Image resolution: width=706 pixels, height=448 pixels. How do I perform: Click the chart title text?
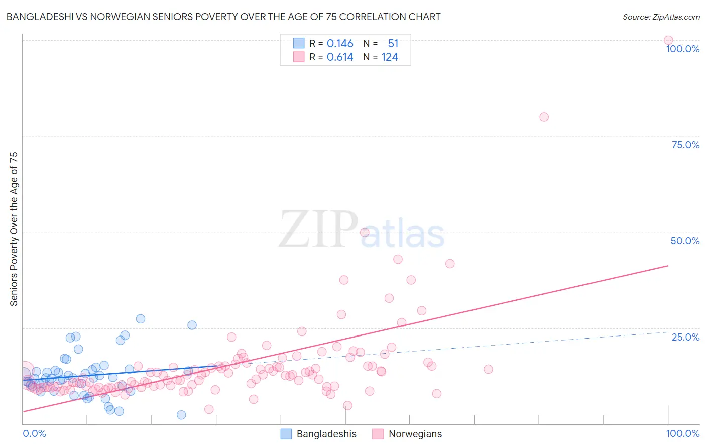223,17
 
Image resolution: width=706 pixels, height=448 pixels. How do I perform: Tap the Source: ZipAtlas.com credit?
661,17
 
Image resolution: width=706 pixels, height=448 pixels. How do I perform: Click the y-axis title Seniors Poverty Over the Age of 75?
14,229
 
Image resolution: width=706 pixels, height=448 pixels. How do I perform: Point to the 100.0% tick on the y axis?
682,49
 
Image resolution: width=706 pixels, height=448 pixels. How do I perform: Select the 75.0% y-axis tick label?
685,145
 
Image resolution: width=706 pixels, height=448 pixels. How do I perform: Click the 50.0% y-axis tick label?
685,241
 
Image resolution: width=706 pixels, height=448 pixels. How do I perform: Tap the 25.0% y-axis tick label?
685,337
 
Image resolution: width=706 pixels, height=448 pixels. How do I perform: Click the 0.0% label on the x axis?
34,433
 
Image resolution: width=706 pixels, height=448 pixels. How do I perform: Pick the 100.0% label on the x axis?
682,433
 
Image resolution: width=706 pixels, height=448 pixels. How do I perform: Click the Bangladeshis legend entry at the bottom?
318,434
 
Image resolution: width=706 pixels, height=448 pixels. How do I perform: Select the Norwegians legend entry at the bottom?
407,434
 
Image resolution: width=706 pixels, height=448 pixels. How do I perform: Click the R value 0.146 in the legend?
340,44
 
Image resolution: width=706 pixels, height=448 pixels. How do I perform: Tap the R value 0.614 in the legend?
340,57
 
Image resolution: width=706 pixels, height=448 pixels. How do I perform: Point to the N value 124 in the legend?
390,57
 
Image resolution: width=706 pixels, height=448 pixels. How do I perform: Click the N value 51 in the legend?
393,44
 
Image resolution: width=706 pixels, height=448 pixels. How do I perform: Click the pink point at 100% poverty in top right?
668,40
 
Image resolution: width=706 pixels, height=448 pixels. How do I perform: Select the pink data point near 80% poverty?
544,117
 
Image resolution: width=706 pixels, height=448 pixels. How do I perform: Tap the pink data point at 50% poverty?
365,232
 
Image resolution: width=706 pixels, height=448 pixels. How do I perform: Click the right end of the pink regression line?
668,265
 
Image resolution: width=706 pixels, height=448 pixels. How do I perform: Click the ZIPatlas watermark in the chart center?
362,230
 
